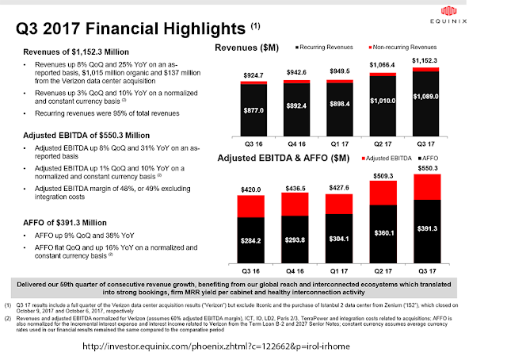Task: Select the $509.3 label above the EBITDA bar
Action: [382, 176]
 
